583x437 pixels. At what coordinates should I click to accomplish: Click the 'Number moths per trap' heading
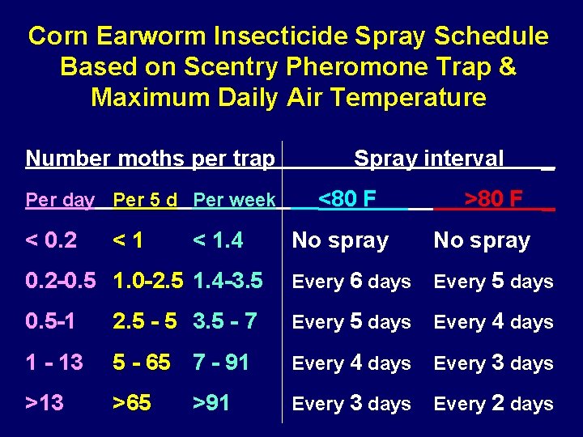point(150,158)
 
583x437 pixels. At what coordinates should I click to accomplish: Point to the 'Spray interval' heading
point(429,159)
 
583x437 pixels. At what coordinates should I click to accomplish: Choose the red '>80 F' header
point(493,198)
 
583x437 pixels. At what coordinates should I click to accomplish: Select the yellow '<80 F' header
point(347,198)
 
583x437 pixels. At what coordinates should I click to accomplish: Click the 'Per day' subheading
point(60,199)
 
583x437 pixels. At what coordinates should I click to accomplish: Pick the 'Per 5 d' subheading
point(145,199)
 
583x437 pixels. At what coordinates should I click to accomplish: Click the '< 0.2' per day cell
point(52,240)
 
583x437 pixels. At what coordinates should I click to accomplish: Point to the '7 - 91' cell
point(221,362)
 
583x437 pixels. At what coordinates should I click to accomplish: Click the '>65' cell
point(132,402)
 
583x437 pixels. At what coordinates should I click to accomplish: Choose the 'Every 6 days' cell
point(351,281)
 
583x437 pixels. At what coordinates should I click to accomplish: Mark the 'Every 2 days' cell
point(493,403)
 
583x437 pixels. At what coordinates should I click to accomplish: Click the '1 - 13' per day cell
point(54,362)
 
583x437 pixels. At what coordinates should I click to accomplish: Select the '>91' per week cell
point(211,402)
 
